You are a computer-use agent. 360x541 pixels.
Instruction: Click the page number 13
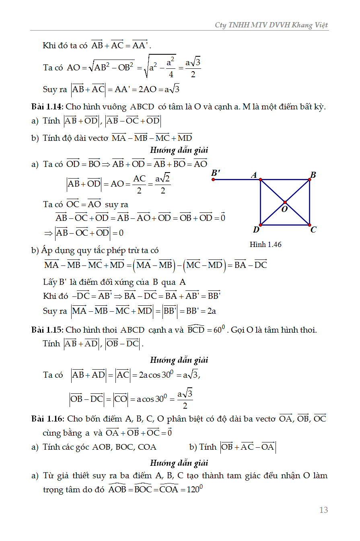pos(323,510)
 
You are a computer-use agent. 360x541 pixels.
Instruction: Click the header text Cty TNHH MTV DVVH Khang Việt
pos(272,25)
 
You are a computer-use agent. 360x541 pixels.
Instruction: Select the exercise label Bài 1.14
pos(47,107)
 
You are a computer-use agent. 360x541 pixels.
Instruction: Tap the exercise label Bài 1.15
pos(47,330)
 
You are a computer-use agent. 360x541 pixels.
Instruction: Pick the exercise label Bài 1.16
pos(47,419)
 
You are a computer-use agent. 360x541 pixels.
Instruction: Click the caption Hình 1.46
pos(265,244)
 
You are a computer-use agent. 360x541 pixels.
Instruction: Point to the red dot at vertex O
pos(285,202)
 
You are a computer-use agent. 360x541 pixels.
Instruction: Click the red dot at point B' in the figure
pos(213,179)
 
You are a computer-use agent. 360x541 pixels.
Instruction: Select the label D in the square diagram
pos(256,230)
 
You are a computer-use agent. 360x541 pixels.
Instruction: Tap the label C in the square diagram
pos(313,230)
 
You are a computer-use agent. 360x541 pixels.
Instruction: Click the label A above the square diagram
pos(254,175)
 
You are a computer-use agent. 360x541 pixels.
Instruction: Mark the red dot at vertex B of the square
pos(310,179)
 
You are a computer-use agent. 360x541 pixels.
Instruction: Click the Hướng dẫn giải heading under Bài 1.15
pos(179,360)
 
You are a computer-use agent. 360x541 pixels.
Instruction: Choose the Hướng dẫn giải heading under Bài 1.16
pos(179,463)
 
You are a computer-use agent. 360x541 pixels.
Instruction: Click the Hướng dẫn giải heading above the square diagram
pos(179,150)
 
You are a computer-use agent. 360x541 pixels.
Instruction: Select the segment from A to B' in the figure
pos(237,179)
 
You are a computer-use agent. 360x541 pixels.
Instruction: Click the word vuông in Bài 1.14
pos(119,107)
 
